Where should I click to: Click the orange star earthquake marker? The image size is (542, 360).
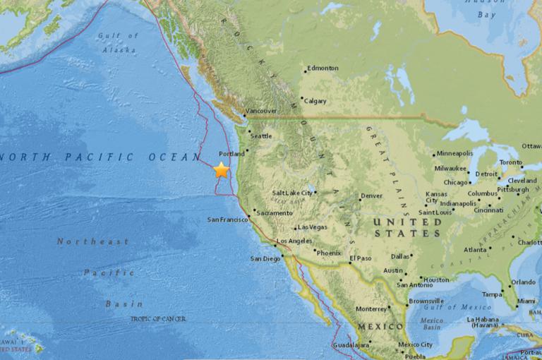click(222, 169)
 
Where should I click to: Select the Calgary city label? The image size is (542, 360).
click(315, 101)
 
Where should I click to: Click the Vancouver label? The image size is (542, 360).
click(261, 112)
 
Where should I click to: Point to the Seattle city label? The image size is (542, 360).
click(261, 136)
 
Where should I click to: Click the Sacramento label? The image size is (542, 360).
click(275, 212)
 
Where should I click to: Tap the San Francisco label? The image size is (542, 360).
click(227, 220)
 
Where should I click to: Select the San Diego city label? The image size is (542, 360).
click(266, 258)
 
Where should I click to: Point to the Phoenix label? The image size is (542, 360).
click(329, 253)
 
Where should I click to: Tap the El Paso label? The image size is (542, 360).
click(361, 260)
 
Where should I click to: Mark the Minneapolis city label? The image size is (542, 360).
click(455, 153)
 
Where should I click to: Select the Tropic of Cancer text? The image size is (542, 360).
click(159, 319)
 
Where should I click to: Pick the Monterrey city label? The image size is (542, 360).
click(372, 308)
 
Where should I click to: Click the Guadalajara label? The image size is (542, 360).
click(351, 346)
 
